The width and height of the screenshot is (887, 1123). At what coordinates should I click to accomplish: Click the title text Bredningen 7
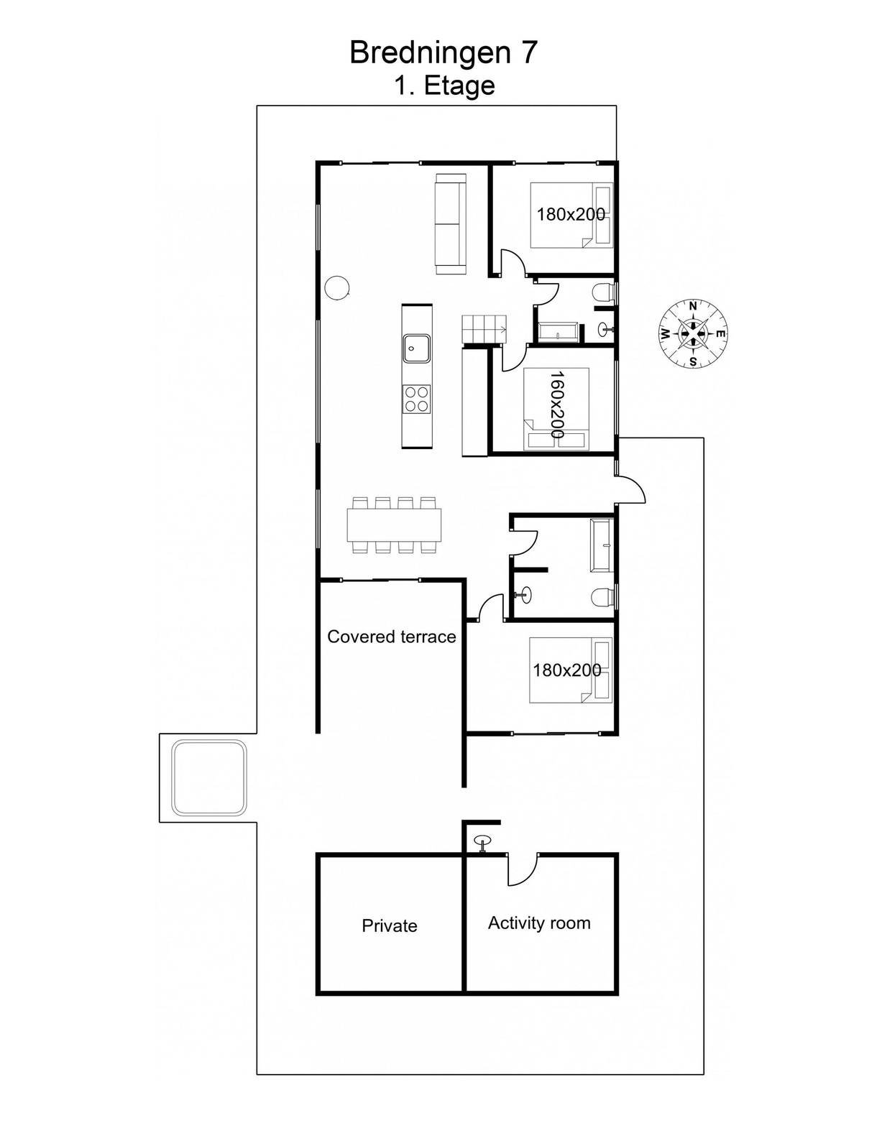[x=443, y=52]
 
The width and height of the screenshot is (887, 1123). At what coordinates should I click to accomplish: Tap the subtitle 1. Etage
[x=444, y=86]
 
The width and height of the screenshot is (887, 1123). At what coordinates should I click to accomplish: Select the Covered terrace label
[x=392, y=637]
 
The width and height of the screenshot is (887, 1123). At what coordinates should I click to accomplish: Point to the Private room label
[x=390, y=925]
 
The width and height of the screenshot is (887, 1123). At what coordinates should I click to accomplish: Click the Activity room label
[x=539, y=923]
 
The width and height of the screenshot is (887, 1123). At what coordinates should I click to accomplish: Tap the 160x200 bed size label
[x=557, y=405]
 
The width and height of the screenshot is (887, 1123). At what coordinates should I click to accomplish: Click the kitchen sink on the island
[x=417, y=348]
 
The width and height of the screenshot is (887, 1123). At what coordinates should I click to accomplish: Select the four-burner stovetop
[x=417, y=399]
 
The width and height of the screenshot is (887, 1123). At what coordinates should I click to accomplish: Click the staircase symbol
[x=484, y=329]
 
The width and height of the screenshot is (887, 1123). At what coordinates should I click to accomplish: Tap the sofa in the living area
[x=451, y=224]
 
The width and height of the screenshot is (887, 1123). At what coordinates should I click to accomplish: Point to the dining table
[x=394, y=524]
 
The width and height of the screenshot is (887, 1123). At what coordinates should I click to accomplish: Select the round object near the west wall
[x=336, y=287]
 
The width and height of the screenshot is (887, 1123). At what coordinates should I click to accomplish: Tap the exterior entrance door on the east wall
[x=630, y=489]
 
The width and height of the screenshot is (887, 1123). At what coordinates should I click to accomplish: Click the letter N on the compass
[x=693, y=306]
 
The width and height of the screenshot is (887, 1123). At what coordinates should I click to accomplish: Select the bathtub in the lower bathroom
[x=602, y=545]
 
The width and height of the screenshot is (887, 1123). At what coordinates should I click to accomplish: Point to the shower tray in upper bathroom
[x=558, y=333]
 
